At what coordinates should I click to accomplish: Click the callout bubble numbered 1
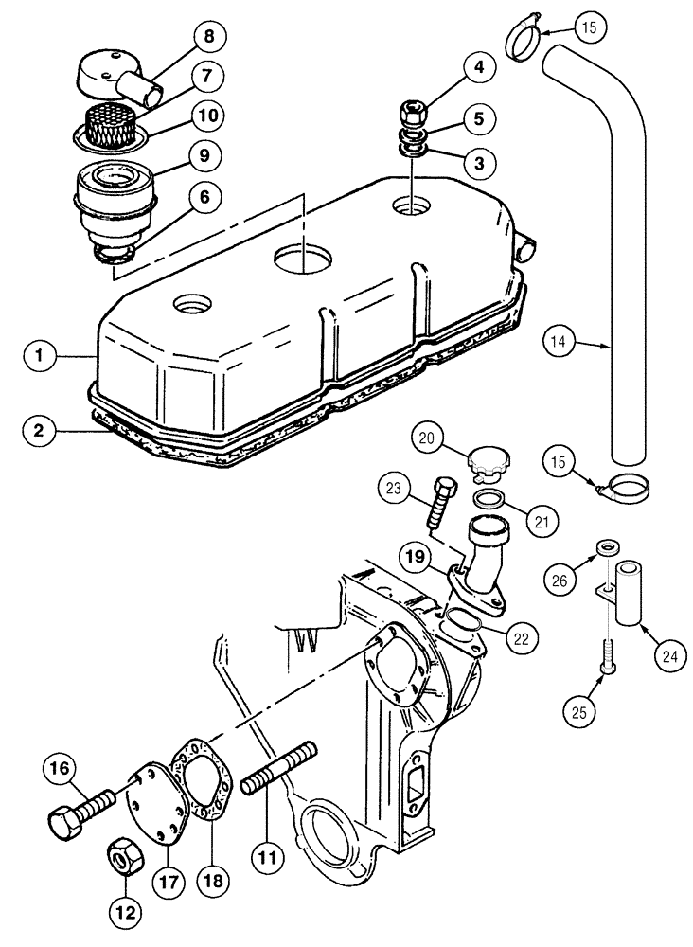coord(41,357)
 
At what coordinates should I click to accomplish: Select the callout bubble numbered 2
coord(41,432)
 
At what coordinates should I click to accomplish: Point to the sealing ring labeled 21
coord(486,498)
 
